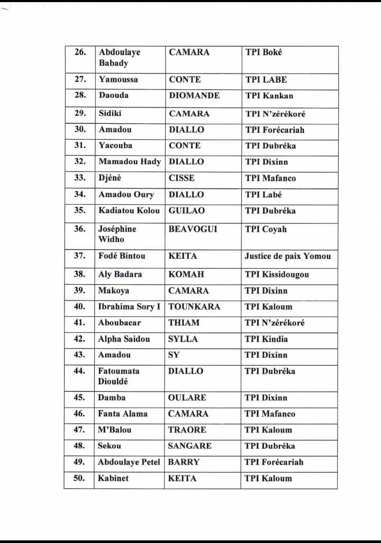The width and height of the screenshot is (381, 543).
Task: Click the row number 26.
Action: [79, 52]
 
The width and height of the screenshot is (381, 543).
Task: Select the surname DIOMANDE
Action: [194, 96]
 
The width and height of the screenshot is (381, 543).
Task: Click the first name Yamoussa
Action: [118, 79]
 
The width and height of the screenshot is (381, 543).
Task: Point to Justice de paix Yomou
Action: [288, 256]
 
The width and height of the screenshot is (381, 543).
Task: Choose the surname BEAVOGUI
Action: [193, 229]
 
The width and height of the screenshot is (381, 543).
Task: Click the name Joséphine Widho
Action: [117, 234]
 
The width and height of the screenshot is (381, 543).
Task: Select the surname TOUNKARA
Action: [194, 306]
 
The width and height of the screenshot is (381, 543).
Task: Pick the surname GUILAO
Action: [187, 210]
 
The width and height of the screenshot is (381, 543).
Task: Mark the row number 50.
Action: [79, 478]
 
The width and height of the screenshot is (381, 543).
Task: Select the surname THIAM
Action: [184, 322]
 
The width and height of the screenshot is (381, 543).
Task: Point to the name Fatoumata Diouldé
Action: [119, 376]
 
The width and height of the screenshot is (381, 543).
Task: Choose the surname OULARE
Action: [187, 397]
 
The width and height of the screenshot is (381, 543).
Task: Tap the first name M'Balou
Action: [114, 430]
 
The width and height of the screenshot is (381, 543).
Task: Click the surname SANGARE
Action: [189, 446]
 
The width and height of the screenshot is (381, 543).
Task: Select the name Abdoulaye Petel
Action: [129, 462]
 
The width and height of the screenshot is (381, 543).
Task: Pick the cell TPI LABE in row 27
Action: [266, 79]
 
